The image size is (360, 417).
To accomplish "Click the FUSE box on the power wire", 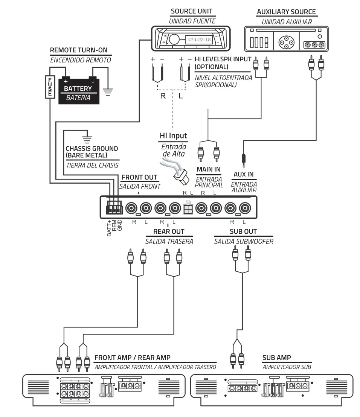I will tap(49, 86).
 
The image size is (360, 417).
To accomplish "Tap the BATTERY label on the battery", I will tap(78, 89).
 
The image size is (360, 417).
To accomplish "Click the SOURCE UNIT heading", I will tap(191, 11).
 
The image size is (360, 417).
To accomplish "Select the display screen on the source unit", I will tap(199, 39).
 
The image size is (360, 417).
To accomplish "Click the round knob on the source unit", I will tap(174, 39).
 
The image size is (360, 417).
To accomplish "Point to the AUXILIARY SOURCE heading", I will tap(286, 12).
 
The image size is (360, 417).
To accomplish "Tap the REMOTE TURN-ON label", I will tap(79, 50).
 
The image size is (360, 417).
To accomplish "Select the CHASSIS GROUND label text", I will tap(92, 152).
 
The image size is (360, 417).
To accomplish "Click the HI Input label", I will tap(173, 135).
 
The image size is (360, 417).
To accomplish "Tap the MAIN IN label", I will tap(209, 169).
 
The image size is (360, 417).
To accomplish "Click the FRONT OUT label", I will tap(139, 177).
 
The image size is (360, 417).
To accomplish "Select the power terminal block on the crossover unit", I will tap(114, 207).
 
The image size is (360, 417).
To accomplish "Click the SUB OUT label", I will tap(243, 231).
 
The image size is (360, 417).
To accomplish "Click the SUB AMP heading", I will tap(276, 358).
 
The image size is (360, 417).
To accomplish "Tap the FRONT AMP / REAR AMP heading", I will tap(132, 358).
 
